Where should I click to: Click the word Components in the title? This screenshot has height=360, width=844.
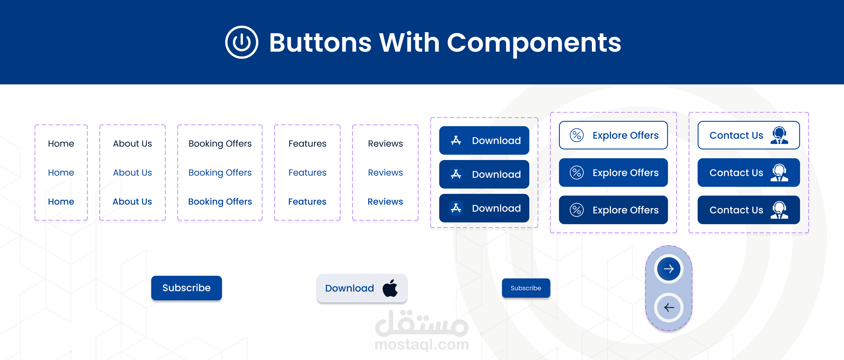pyautogui.click(x=534, y=43)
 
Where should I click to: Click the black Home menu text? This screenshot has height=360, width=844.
pyautogui.click(x=61, y=144)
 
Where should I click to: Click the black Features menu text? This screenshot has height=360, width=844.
pyautogui.click(x=307, y=144)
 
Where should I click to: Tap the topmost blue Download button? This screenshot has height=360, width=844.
pyautogui.click(x=484, y=141)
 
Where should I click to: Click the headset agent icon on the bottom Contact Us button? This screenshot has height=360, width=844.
pyautogui.click(x=779, y=210)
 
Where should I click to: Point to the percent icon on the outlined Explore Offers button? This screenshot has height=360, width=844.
pyautogui.click(x=577, y=135)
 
